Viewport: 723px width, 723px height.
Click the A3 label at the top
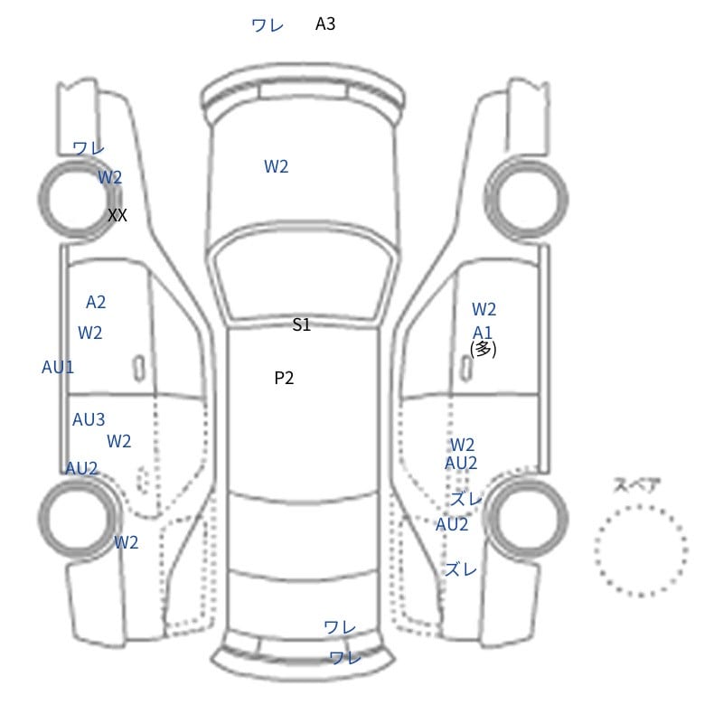tap(325, 24)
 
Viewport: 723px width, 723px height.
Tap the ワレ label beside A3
tap(268, 25)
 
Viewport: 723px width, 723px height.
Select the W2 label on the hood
tap(277, 166)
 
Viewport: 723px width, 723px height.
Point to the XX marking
tap(117, 215)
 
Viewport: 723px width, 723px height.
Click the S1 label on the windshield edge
tap(302, 324)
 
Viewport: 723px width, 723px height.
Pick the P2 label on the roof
tap(284, 378)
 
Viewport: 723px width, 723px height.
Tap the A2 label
tap(96, 302)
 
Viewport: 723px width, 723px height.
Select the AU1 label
tap(58, 368)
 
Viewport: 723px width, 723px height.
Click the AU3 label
tap(89, 419)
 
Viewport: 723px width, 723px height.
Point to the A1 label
tap(483, 333)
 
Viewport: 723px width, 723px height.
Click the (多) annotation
tap(484, 349)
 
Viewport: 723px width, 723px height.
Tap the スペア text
tap(630, 485)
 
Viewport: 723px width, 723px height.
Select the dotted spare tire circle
tap(641, 505)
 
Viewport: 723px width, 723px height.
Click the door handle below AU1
tap(139, 369)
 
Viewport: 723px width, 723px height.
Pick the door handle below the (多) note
tap(466, 369)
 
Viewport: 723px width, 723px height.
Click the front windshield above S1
tap(304, 274)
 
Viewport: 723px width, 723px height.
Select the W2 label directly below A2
tap(89, 333)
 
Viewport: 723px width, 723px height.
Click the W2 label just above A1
tap(484, 309)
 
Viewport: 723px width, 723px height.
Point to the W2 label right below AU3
tap(119, 442)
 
